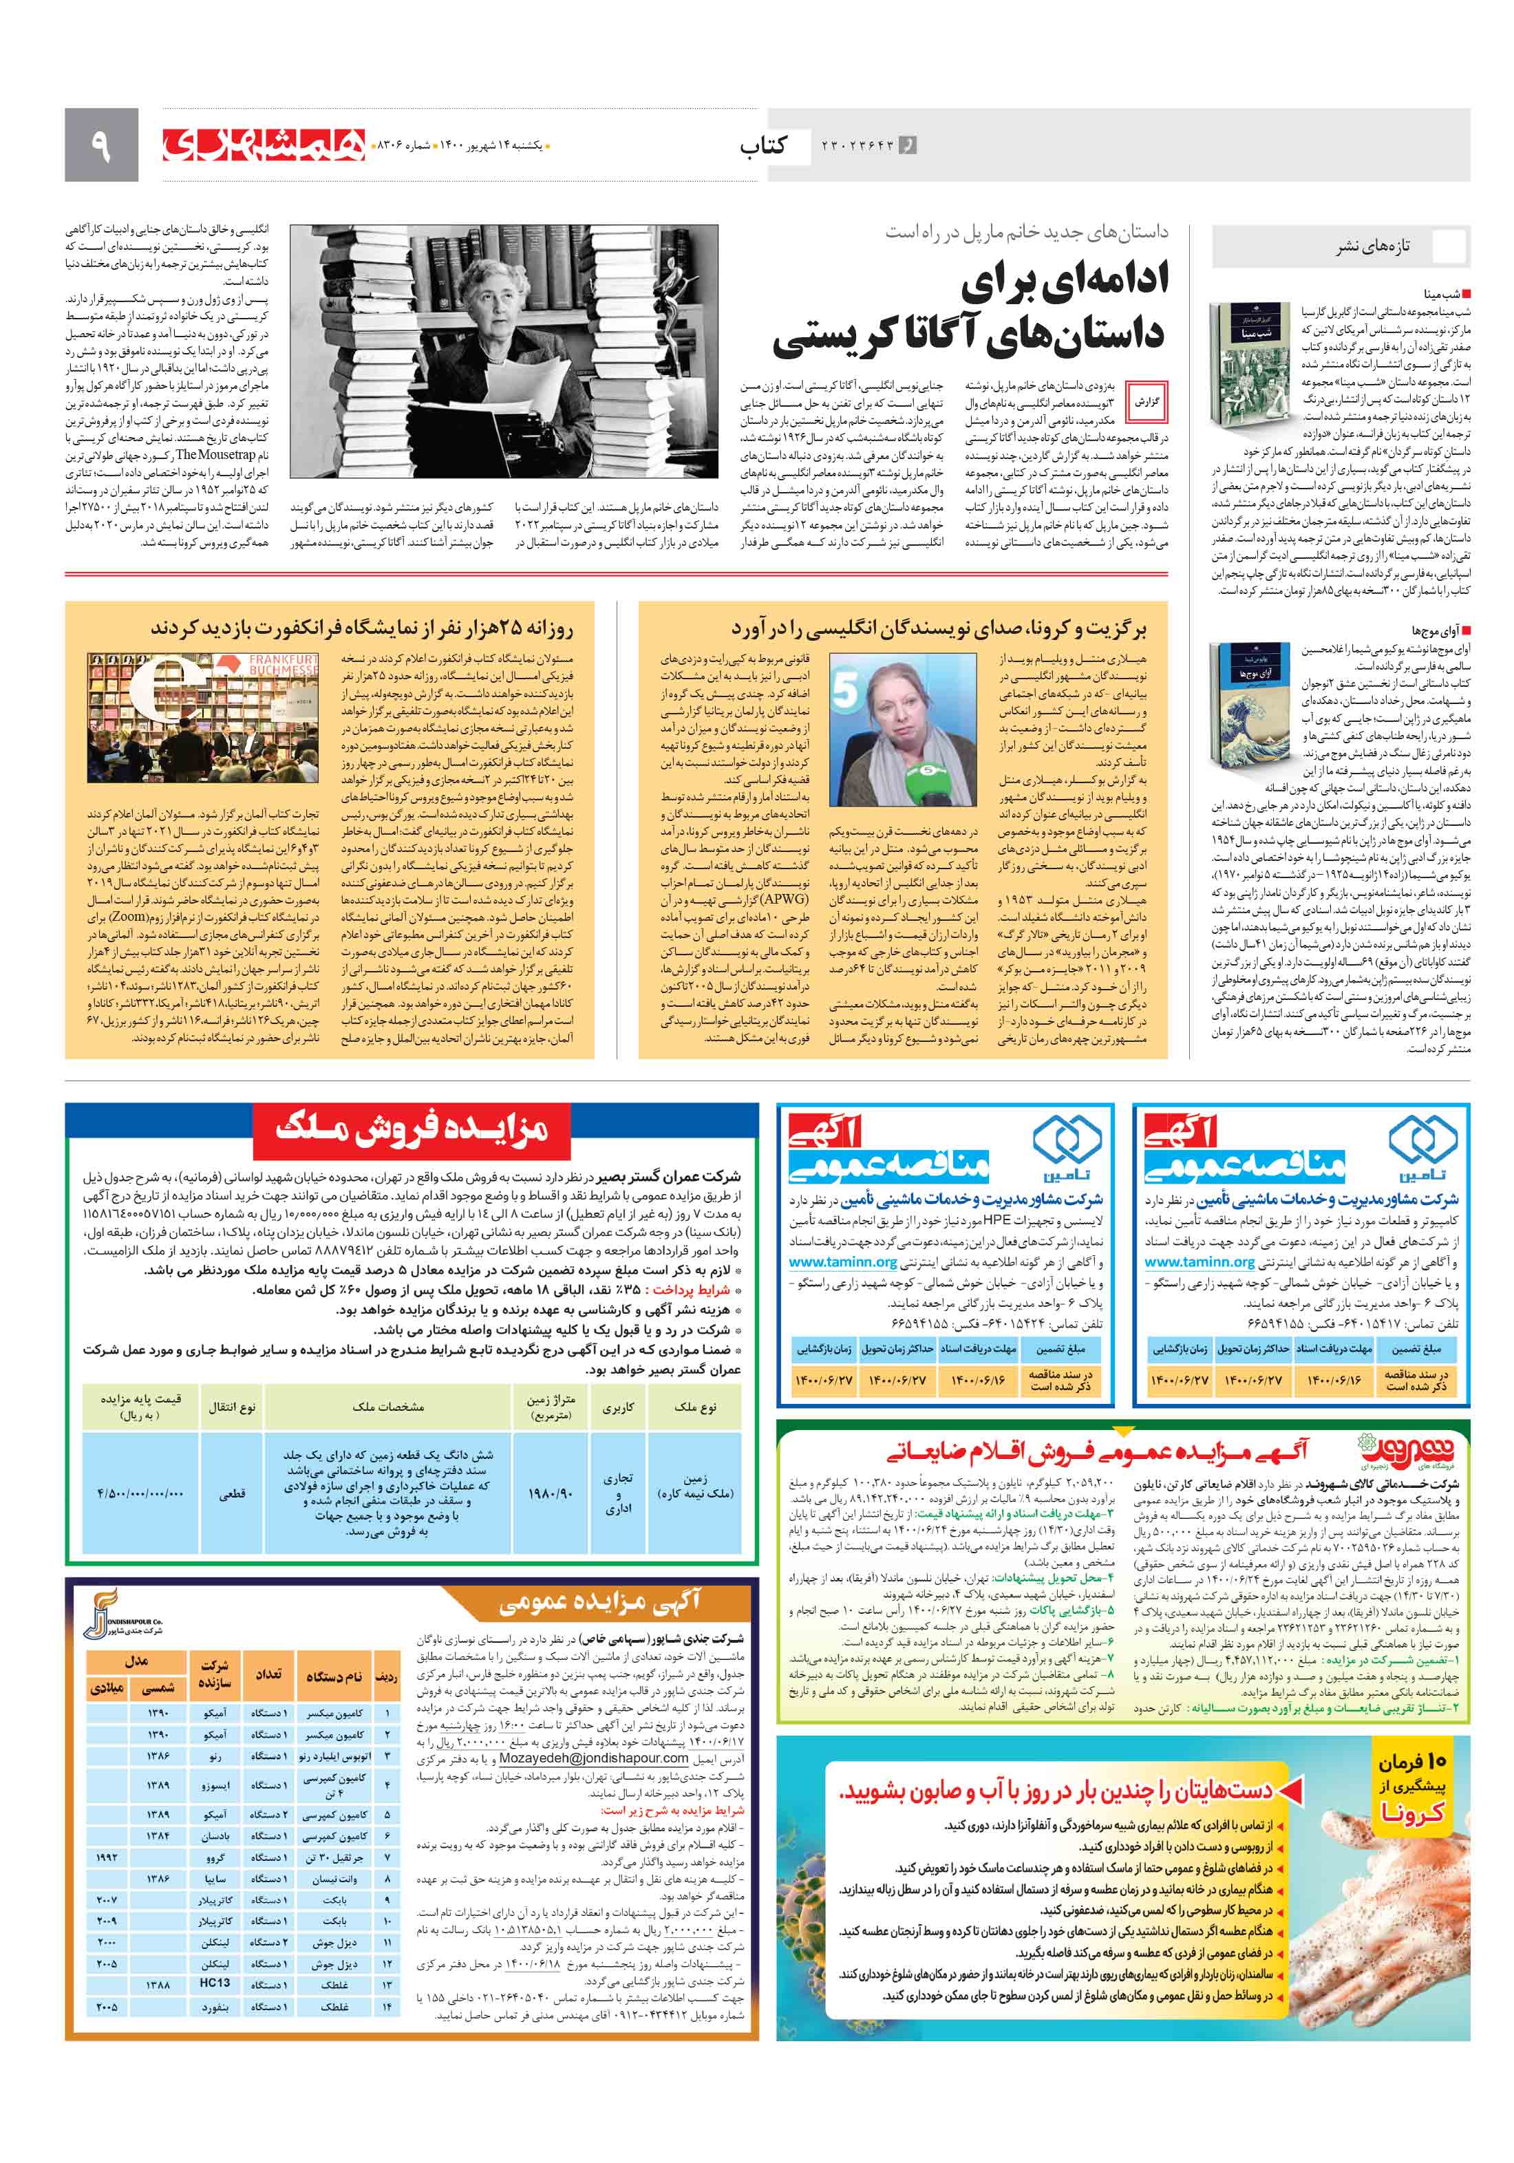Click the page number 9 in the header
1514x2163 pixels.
pyautogui.click(x=100, y=145)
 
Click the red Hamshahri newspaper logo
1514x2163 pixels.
pyautogui.click(x=263, y=144)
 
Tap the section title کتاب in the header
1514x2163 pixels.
pyautogui.click(x=763, y=145)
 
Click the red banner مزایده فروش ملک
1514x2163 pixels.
pyautogui.click(x=412, y=1129)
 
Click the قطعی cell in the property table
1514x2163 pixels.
pyautogui.click(x=232, y=1494)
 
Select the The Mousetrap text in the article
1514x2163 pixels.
pyautogui.click(x=215, y=454)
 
